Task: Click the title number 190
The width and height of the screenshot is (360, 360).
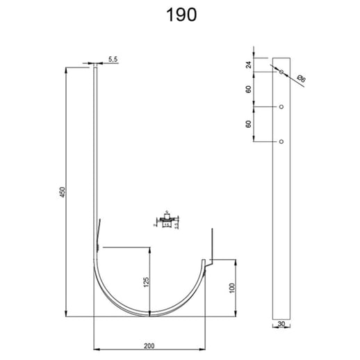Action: pos(179,15)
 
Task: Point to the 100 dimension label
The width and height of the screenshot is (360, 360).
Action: pos(231,286)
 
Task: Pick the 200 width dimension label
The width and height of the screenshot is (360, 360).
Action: pos(150,343)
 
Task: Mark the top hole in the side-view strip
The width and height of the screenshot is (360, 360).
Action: pos(280,72)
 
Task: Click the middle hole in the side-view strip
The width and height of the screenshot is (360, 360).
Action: pos(280,106)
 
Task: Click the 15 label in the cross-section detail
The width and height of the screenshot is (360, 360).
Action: pos(167,226)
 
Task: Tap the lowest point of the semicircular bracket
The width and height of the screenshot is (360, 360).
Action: pos(150,314)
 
